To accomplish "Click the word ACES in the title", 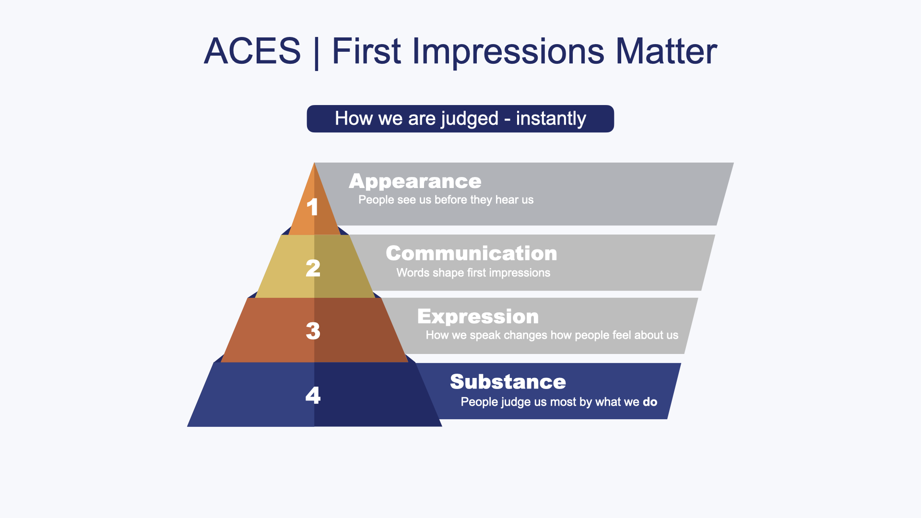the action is coord(252,51).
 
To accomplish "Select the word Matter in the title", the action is coord(666,51).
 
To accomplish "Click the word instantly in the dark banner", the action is coord(551,118).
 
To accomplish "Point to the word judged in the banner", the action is coord(470,119).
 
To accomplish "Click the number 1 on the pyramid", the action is coord(312,207).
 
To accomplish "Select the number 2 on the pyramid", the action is coord(313,268).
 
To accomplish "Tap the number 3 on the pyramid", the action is coord(313,331).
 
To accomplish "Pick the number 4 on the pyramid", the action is coord(313,395).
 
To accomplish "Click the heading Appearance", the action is coord(415,182).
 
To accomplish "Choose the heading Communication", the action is coord(472,253).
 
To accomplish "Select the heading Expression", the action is coord(478,317).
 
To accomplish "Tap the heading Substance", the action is coord(508,382).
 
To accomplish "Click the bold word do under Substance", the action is coord(650,402).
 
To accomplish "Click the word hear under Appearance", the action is coord(504,200).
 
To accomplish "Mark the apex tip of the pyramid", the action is coord(314,163).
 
